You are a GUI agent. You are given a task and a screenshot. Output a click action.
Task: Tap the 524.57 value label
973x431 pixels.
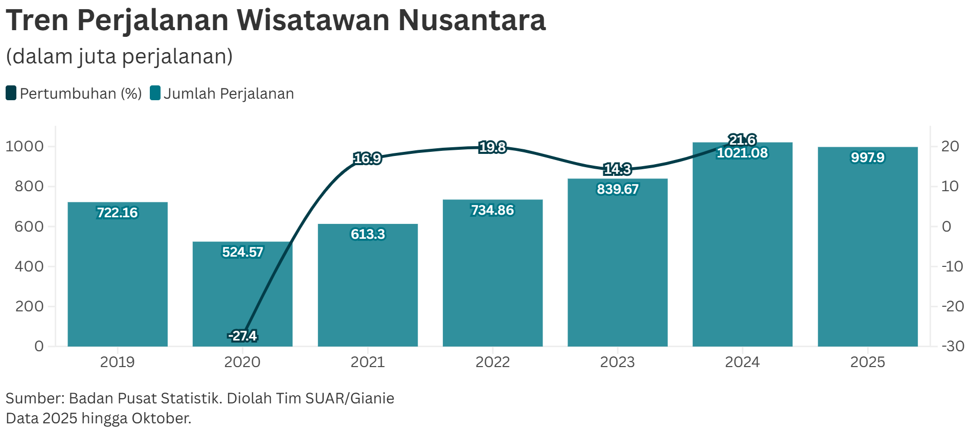pyautogui.click(x=242, y=252)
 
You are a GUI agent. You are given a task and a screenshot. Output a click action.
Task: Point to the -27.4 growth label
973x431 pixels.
pyautogui.click(x=242, y=336)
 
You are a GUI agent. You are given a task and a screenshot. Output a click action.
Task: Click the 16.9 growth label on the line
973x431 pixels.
pyautogui.click(x=367, y=158)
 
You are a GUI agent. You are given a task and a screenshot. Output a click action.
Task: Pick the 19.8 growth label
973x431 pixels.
pyautogui.click(x=492, y=147)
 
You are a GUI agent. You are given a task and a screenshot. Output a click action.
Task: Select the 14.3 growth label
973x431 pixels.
pyautogui.click(x=617, y=169)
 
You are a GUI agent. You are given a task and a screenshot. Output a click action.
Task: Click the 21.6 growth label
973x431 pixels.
pyautogui.click(x=742, y=140)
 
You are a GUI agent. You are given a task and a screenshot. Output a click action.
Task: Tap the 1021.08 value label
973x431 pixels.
pyautogui.click(x=742, y=153)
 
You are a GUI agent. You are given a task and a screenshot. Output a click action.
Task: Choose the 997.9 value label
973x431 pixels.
pyautogui.click(x=867, y=157)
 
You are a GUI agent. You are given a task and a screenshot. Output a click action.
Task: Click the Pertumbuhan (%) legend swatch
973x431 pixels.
pyautogui.click(x=11, y=94)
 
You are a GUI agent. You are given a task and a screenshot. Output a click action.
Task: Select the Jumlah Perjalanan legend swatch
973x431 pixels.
pyautogui.click(x=155, y=94)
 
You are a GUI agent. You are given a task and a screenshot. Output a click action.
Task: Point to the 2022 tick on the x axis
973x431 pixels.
pyautogui.click(x=492, y=362)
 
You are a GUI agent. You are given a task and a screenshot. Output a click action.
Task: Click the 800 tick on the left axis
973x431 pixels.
pyautogui.click(x=29, y=186)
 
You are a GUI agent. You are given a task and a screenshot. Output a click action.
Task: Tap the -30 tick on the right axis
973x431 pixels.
pyautogui.click(x=953, y=346)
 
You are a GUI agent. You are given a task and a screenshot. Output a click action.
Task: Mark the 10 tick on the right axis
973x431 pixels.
pyautogui.click(x=950, y=186)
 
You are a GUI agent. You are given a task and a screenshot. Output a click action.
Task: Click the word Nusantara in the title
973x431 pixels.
pyautogui.click(x=471, y=20)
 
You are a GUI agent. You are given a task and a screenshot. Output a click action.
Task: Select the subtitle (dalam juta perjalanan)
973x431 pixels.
pyautogui.click(x=119, y=56)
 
